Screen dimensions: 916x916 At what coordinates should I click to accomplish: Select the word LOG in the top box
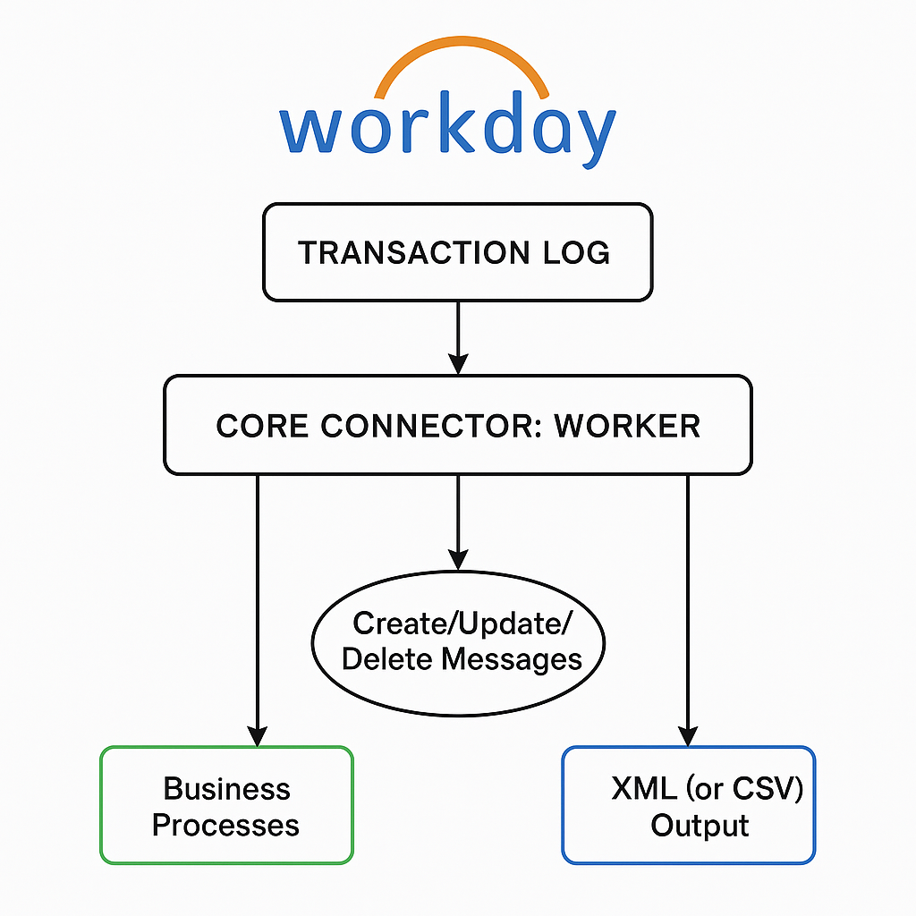pos(574,252)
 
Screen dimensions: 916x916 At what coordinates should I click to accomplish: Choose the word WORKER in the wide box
pos(627,425)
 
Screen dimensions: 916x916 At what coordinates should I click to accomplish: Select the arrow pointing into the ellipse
pos(458,523)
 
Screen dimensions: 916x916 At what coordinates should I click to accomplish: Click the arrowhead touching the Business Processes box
pos(258,735)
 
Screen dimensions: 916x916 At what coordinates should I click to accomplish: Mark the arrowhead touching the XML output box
pos(688,735)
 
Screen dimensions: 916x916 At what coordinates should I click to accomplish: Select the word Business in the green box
pos(226,788)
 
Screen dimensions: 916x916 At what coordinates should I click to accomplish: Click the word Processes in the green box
pos(225,824)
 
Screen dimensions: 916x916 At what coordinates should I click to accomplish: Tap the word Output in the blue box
pos(700,825)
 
